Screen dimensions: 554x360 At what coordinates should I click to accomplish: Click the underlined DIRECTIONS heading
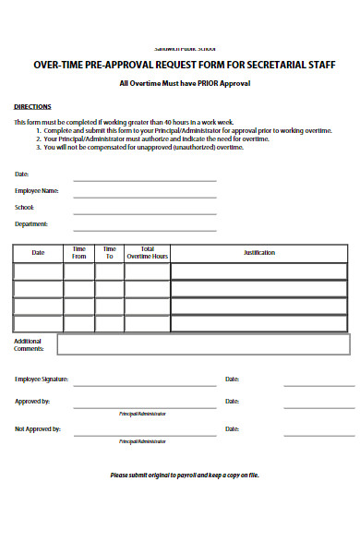tap(32, 106)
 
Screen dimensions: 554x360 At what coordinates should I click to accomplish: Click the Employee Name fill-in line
tap(145, 196)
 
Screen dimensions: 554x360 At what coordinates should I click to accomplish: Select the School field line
tap(145, 212)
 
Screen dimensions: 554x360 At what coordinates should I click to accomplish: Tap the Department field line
tap(145, 229)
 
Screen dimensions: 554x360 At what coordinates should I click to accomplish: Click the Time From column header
tap(78, 252)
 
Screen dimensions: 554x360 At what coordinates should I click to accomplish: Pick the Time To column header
tap(109, 252)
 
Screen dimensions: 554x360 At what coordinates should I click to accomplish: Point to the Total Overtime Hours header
tap(147, 252)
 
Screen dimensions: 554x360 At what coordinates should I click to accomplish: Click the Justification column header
tap(259, 252)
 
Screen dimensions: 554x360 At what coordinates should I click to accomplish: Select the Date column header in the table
tap(38, 252)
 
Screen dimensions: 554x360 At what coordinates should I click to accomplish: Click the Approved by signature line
tap(145, 406)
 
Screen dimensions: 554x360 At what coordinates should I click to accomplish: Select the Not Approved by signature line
tap(145, 434)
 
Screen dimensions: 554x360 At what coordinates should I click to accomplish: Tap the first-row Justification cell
tap(259, 271)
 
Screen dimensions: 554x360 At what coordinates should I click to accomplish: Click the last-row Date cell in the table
tap(38, 323)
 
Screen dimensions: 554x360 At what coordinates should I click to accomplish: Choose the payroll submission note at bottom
tap(185, 476)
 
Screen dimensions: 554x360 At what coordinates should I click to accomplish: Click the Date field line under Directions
tap(145, 179)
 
